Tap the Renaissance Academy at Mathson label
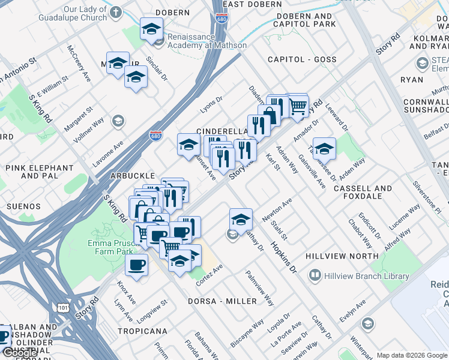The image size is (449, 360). coord(206,41)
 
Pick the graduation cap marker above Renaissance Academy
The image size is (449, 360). coord(152,28)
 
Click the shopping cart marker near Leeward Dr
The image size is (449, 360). coord(298,106)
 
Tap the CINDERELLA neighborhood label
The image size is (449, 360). coord(222,131)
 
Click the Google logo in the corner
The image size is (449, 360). coord(19,353)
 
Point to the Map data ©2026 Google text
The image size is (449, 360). coord(412,355)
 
